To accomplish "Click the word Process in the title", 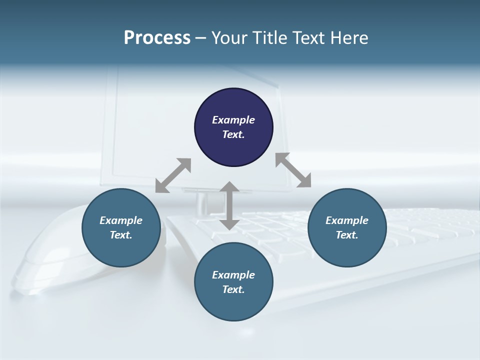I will tap(157, 38).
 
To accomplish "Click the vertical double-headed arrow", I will tap(229, 206).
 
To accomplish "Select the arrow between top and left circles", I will tap(173, 175).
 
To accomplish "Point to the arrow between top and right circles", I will tap(293, 170).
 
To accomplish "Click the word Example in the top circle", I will tap(233, 120).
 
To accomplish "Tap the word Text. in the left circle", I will tap(121, 235).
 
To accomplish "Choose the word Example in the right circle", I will tap(347, 220).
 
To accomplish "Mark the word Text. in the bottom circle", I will tap(233, 289).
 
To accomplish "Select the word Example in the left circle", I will tap(121, 220).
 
